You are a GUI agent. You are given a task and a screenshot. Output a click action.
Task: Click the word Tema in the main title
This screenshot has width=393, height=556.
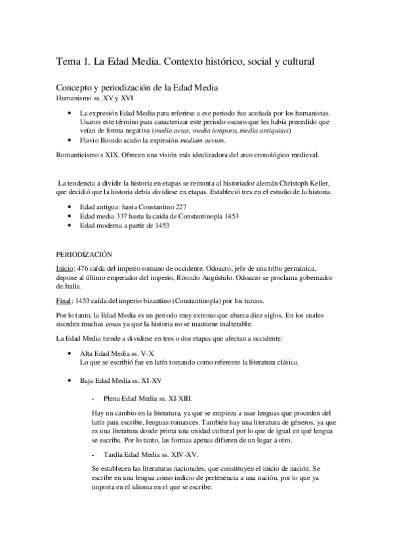point(67,62)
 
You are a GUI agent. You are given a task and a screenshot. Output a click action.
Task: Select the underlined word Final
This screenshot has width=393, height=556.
point(63,300)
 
